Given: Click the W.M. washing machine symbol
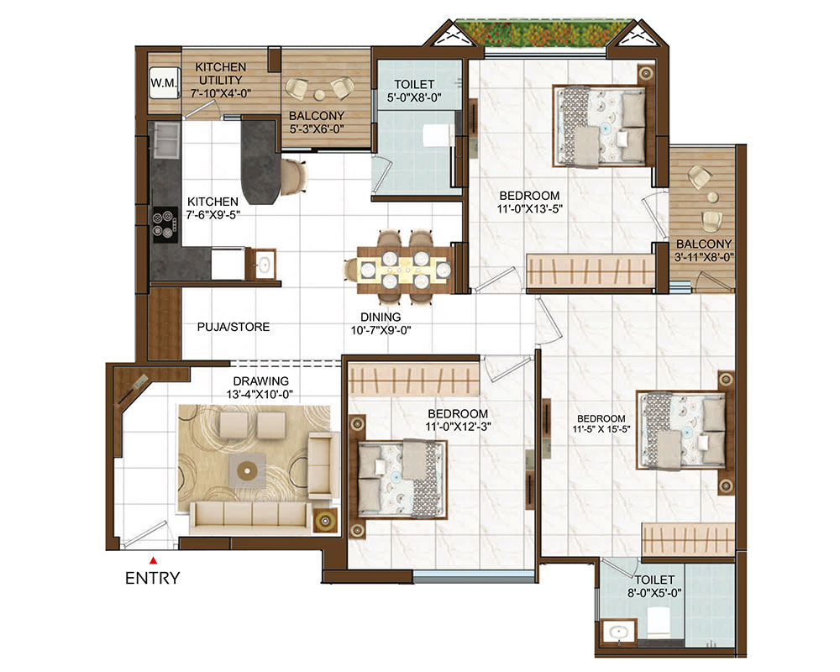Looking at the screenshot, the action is [164, 82].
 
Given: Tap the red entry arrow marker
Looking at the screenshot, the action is [153, 560].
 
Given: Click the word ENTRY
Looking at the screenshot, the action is [153, 578].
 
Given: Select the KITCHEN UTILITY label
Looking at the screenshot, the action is [221, 73].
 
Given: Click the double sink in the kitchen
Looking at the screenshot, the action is [166, 139].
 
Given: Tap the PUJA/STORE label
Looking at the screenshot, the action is [234, 327].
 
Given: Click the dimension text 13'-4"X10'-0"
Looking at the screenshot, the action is [260, 395].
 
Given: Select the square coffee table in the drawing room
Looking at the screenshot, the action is [247, 471].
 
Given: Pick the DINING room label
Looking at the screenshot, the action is [381, 318].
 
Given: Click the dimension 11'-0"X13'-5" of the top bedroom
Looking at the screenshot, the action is [530, 209].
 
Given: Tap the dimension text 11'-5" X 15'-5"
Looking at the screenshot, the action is [601, 429].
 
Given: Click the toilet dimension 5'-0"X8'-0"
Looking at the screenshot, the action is [414, 97].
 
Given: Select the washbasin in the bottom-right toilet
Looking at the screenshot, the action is [619, 632].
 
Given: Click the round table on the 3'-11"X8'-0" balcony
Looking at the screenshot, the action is [712, 197].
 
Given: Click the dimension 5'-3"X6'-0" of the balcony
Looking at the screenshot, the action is [317, 129].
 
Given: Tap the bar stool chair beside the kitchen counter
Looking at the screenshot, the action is [294, 176].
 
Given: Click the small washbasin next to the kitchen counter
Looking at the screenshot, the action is [263, 264].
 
